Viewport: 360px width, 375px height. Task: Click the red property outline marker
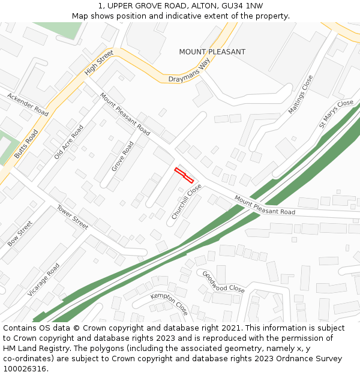click(x=184, y=175)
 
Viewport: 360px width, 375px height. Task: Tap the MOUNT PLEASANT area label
click(x=212, y=52)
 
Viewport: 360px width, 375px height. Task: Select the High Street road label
click(x=99, y=62)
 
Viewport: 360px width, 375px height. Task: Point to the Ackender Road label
click(x=28, y=104)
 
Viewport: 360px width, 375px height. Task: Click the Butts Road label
click(x=26, y=143)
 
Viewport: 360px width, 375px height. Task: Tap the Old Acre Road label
click(x=68, y=142)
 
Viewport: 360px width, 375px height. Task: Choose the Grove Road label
click(x=122, y=156)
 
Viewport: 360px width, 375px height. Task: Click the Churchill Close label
click(x=186, y=201)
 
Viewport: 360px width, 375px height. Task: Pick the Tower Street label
click(x=73, y=217)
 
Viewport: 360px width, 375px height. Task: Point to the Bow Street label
click(x=20, y=233)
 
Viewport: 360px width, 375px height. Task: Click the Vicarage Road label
click(x=43, y=279)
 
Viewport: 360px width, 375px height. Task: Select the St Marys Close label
click(x=336, y=113)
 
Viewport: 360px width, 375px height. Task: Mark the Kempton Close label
click(x=169, y=304)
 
